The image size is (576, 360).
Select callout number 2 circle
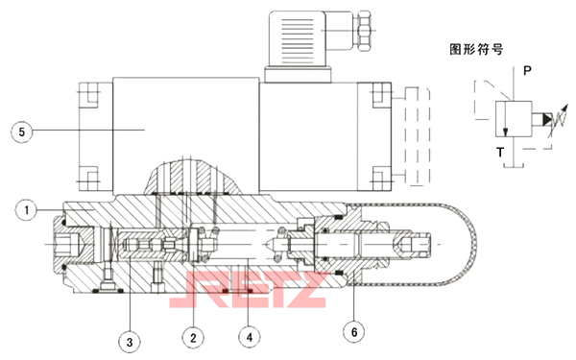193,336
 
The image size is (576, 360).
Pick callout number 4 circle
250,336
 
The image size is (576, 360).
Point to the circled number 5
21,131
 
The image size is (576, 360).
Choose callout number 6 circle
355,331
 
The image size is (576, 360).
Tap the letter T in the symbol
500,153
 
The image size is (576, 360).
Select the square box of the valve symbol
508,119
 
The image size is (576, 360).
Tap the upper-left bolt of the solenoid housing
89,96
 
